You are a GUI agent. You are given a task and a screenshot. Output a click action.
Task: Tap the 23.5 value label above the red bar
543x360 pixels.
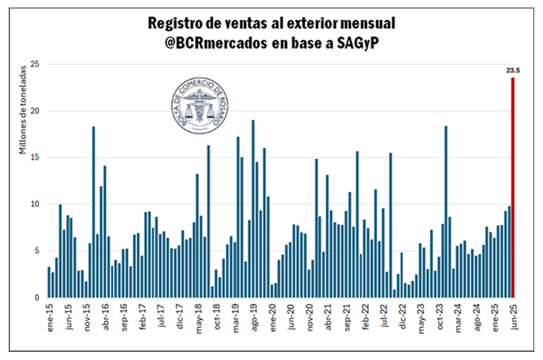click(x=513, y=71)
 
